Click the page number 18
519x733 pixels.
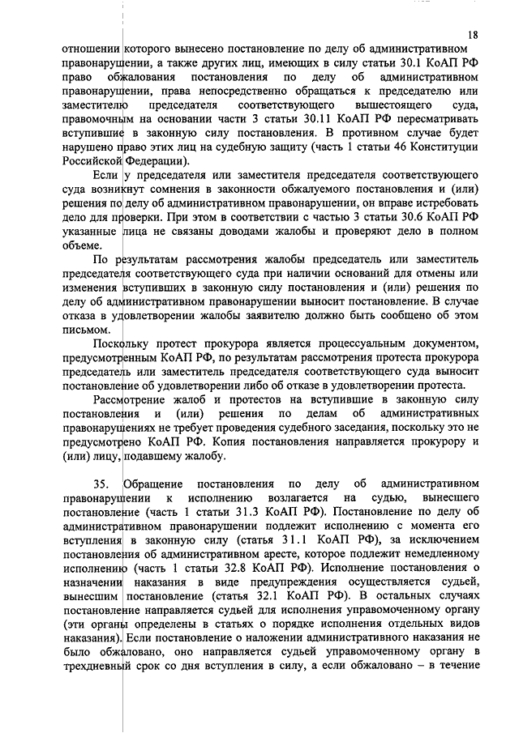pyautogui.click(x=472, y=34)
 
